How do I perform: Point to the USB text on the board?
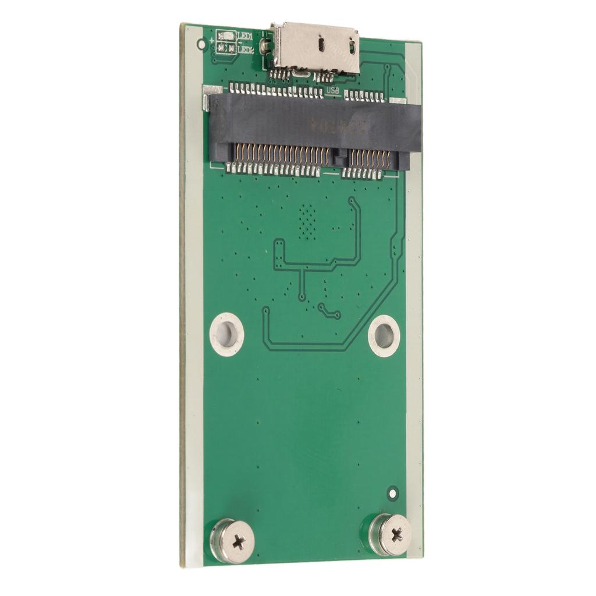click(x=332, y=91)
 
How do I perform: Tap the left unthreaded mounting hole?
click(x=226, y=334)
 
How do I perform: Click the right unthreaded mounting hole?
click(x=384, y=336)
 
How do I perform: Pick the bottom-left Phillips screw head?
click(x=233, y=540)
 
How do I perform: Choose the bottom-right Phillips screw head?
click(x=391, y=534)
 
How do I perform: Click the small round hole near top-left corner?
click(x=201, y=44)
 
